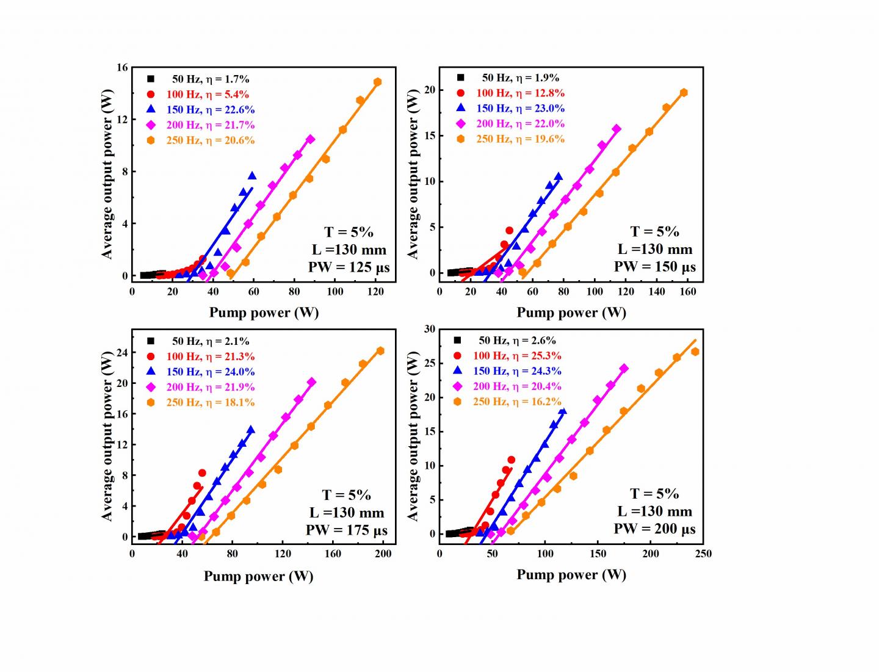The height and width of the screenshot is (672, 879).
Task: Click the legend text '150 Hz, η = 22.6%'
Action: pos(211,110)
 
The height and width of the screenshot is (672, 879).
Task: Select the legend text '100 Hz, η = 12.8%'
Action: pos(520,93)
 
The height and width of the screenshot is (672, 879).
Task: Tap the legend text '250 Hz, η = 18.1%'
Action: pos(211,403)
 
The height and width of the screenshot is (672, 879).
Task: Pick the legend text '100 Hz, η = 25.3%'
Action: pos(516,356)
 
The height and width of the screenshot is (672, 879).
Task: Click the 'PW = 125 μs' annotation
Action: pos(349,267)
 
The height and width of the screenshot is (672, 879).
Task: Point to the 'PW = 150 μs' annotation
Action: pos(655,267)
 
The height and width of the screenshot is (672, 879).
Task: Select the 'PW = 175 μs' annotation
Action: pos(347,530)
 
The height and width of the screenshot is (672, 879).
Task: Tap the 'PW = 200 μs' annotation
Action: pos(655,529)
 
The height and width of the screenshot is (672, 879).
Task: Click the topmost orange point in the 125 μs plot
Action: pos(377,82)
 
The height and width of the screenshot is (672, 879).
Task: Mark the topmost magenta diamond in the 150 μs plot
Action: pos(617,129)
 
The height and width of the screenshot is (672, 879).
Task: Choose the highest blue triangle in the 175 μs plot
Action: pos(251,430)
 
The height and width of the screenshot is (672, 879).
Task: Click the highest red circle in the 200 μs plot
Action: pos(511,460)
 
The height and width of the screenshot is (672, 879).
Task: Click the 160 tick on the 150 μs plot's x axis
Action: pos(687,292)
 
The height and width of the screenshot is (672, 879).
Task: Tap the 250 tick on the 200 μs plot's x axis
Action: pos(703,554)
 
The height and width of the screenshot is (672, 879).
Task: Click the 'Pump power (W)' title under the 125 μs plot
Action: pos(264,313)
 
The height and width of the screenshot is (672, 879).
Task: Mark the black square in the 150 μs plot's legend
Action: pos(461,78)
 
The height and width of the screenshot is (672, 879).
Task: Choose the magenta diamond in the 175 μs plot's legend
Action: pos(151,387)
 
